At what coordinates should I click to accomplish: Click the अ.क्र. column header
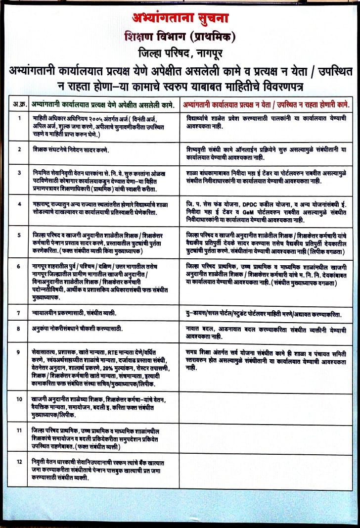pos(19,104)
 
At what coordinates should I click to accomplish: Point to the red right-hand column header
pos(266,104)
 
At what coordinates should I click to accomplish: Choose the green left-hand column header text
pos(101,104)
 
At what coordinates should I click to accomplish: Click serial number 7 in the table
pos(19,313)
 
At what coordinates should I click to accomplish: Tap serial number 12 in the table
pos(19,462)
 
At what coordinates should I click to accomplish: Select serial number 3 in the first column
pos(19,173)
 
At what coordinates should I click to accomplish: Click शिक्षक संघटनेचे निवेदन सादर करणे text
pos(73,149)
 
